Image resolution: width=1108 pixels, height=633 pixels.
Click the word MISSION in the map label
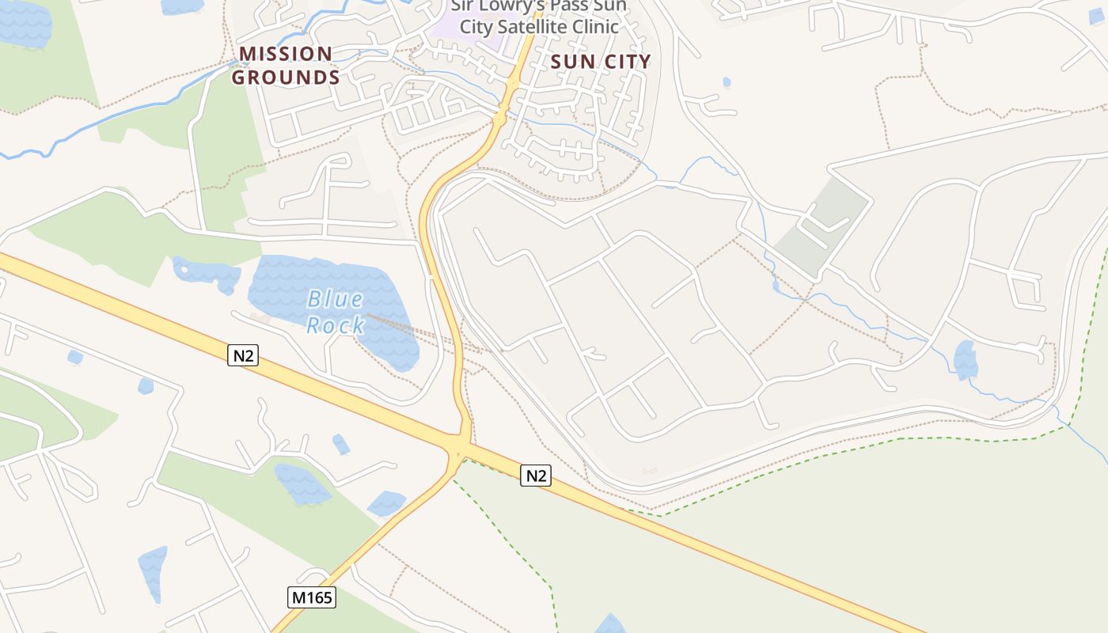pyautogui.click(x=286, y=54)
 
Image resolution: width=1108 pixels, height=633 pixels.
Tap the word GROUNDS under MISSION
pyautogui.click(x=286, y=78)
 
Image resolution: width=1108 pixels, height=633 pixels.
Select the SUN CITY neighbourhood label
pyautogui.click(x=601, y=62)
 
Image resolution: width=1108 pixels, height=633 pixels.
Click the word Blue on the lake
pyautogui.click(x=335, y=299)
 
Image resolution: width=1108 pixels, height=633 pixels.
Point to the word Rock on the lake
pyautogui.click(x=336, y=324)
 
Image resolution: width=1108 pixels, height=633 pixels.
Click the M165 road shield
pyautogui.click(x=312, y=597)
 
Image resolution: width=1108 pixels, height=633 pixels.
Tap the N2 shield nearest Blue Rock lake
pyautogui.click(x=243, y=355)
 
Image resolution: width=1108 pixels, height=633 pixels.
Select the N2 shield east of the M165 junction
pyautogui.click(x=536, y=476)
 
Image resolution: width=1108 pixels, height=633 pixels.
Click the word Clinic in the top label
pyautogui.click(x=590, y=26)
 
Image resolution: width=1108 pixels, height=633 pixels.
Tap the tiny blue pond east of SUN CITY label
pyautogui.click(x=727, y=81)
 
